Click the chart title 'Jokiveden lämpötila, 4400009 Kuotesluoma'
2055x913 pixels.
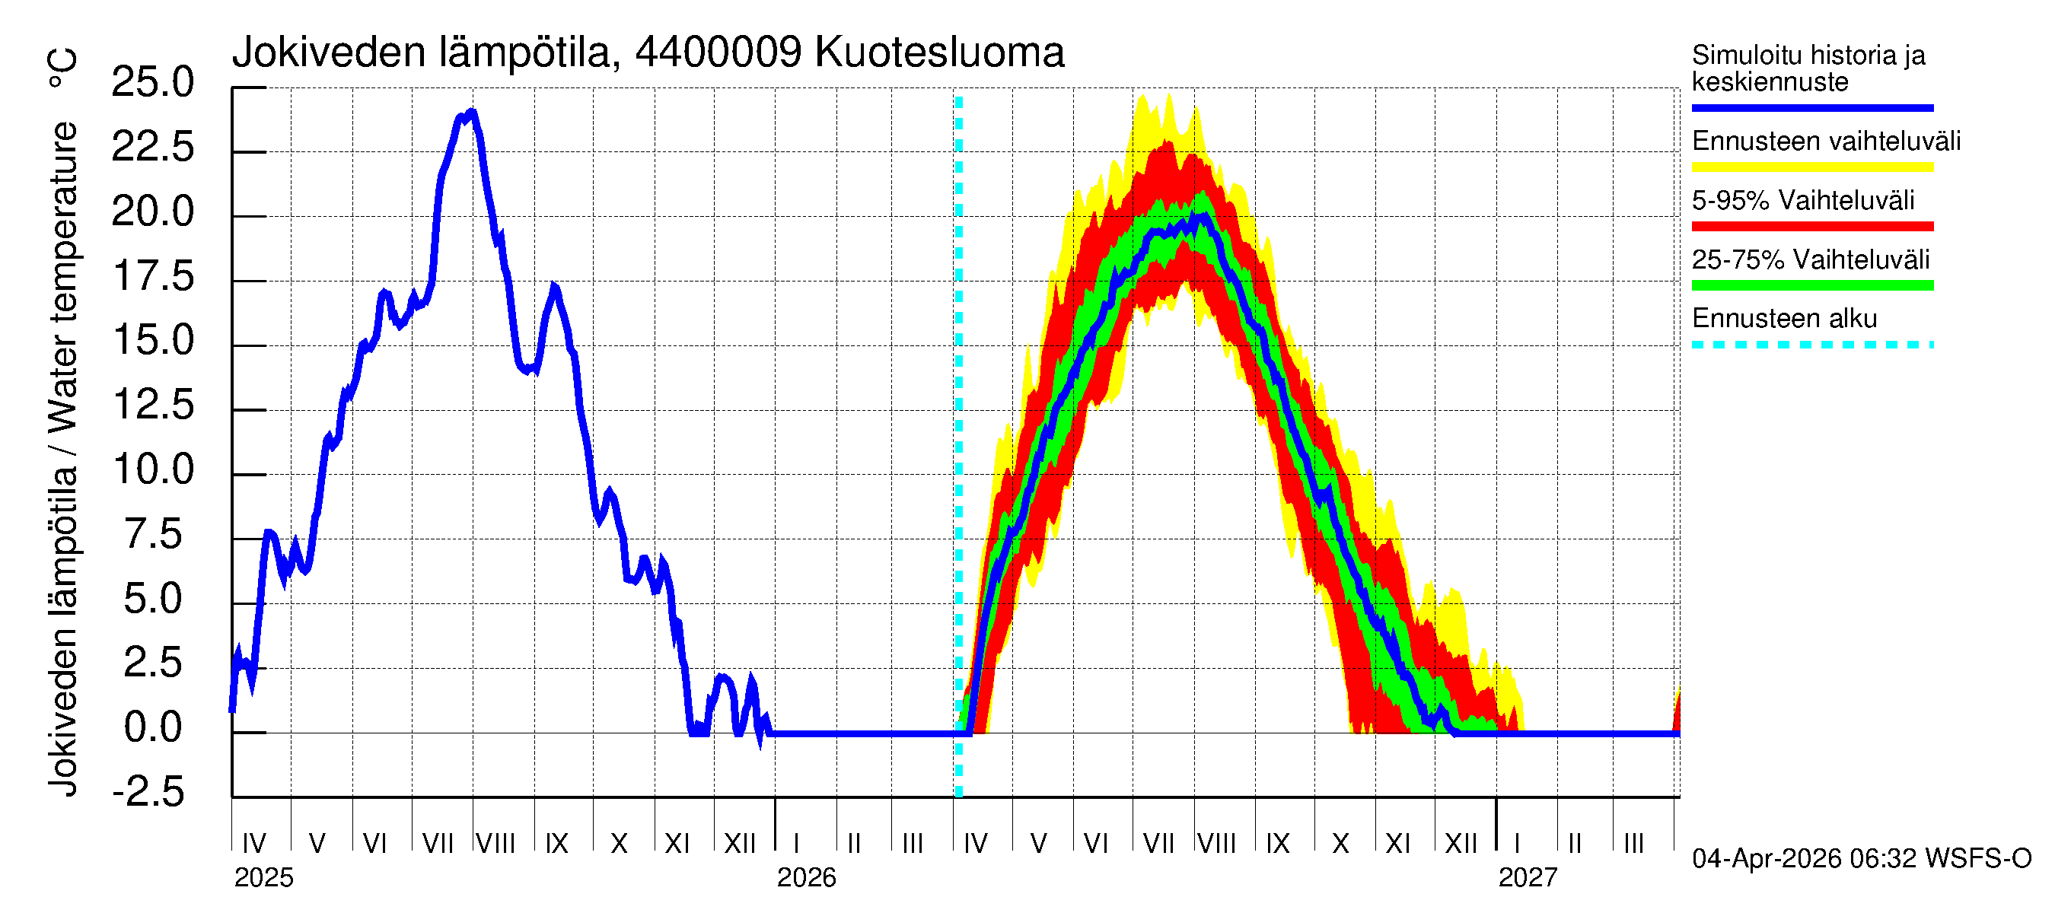click(x=648, y=52)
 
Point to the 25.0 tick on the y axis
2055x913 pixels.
click(x=152, y=82)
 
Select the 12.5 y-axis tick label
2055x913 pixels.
click(x=153, y=404)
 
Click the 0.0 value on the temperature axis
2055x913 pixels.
click(x=153, y=727)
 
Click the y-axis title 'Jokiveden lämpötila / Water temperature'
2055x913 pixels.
click(x=63, y=459)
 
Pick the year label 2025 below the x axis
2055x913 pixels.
click(x=263, y=878)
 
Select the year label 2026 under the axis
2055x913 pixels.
click(x=806, y=878)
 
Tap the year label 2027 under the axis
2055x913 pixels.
click(x=1527, y=878)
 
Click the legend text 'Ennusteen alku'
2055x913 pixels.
click(x=1784, y=319)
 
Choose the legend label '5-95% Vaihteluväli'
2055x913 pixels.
click(x=1802, y=200)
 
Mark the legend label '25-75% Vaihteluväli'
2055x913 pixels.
click(x=1810, y=260)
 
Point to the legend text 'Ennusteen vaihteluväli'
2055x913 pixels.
click(x=1825, y=142)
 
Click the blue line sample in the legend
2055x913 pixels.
click(x=1811, y=107)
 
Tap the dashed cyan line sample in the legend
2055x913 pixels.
click(x=1811, y=345)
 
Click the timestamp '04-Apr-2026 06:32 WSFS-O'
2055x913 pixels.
click(x=1861, y=859)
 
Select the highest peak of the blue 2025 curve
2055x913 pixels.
click(x=472, y=112)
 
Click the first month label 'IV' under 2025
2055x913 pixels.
click(x=253, y=844)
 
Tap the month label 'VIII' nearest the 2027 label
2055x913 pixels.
click(x=1216, y=844)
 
